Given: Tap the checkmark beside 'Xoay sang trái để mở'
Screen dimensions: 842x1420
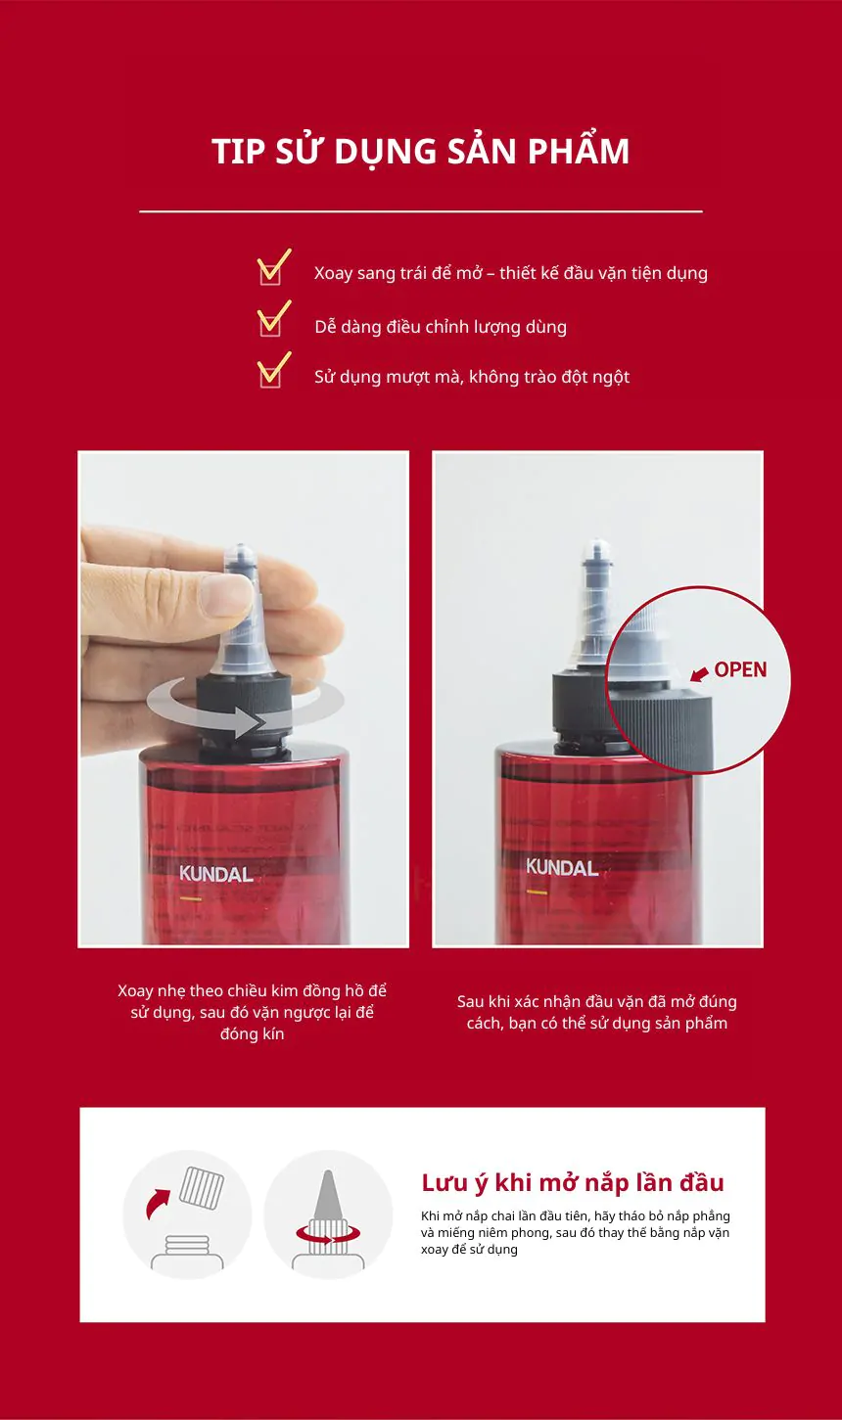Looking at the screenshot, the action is pyautogui.click(x=272, y=266).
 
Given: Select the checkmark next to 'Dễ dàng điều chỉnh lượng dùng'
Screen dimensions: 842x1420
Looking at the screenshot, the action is pyautogui.click(x=272, y=318).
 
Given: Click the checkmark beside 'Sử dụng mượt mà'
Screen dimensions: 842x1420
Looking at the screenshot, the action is pyautogui.click(x=272, y=369).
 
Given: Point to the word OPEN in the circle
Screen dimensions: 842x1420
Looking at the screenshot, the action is pyautogui.click(x=740, y=669).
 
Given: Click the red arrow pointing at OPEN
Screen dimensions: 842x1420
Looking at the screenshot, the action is pyautogui.click(x=699, y=673).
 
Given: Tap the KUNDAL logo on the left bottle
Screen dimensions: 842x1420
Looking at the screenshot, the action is pyautogui.click(x=215, y=874).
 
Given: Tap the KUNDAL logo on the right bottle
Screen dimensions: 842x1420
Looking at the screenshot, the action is pyautogui.click(x=562, y=867).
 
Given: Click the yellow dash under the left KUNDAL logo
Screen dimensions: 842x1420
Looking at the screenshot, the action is pyautogui.click(x=190, y=899).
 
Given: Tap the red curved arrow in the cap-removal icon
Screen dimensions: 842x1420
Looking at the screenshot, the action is pyautogui.click(x=157, y=1203).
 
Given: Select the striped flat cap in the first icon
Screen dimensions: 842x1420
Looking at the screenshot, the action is pyautogui.click(x=202, y=1186).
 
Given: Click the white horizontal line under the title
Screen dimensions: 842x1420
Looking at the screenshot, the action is pyautogui.click(x=421, y=211).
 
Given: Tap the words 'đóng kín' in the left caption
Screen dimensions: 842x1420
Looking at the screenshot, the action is pyautogui.click(x=253, y=1033).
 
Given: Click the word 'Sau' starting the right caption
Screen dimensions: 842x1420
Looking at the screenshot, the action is pyautogui.click(x=471, y=1001).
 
